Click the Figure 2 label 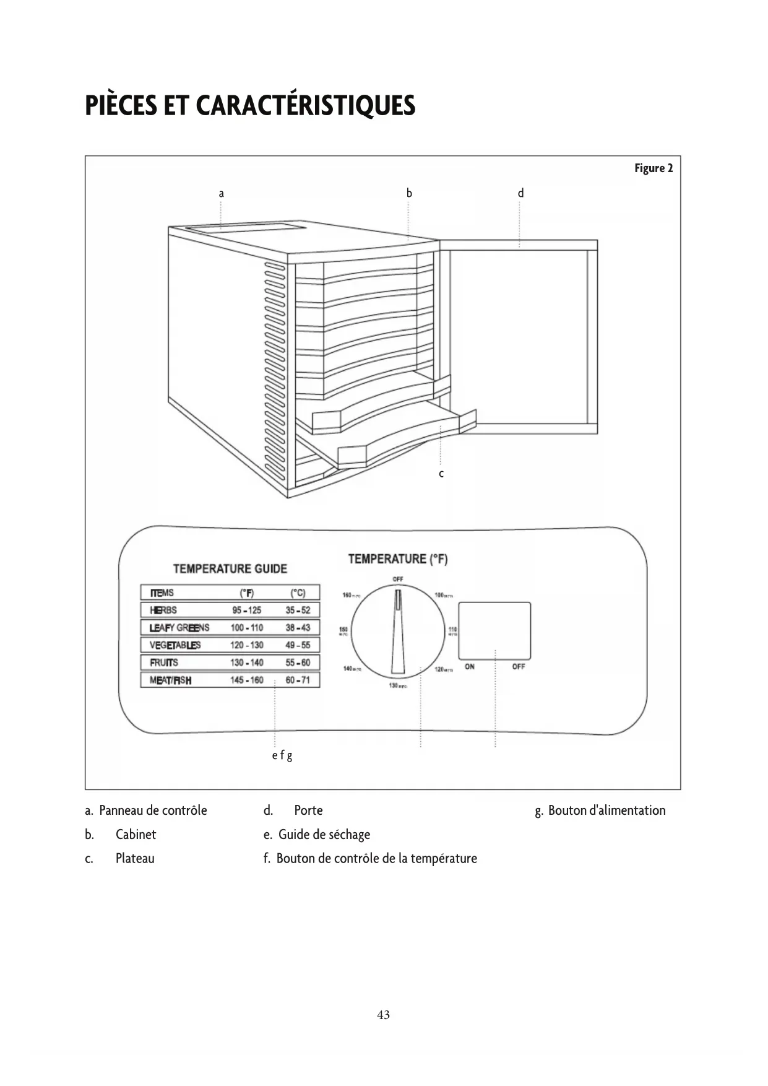click(x=653, y=168)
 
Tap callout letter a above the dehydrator click(x=221, y=194)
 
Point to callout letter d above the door click(x=520, y=194)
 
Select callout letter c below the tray click(x=441, y=474)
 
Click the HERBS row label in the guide click(x=163, y=610)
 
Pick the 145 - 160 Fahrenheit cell click(x=247, y=680)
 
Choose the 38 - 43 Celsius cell click(x=298, y=627)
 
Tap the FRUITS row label click(x=164, y=662)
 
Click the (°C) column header click(x=298, y=593)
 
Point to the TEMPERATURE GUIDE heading click(x=230, y=568)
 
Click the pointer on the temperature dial click(x=397, y=632)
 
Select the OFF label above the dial click(x=398, y=579)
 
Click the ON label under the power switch click(x=470, y=667)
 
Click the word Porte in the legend click(x=308, y=810)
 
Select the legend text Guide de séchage click(x=324, y=835)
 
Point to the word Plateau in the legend click(x=135, y=859)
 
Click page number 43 click(x=384, y=1015)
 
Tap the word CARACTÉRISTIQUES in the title click(x=306, y=106)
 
